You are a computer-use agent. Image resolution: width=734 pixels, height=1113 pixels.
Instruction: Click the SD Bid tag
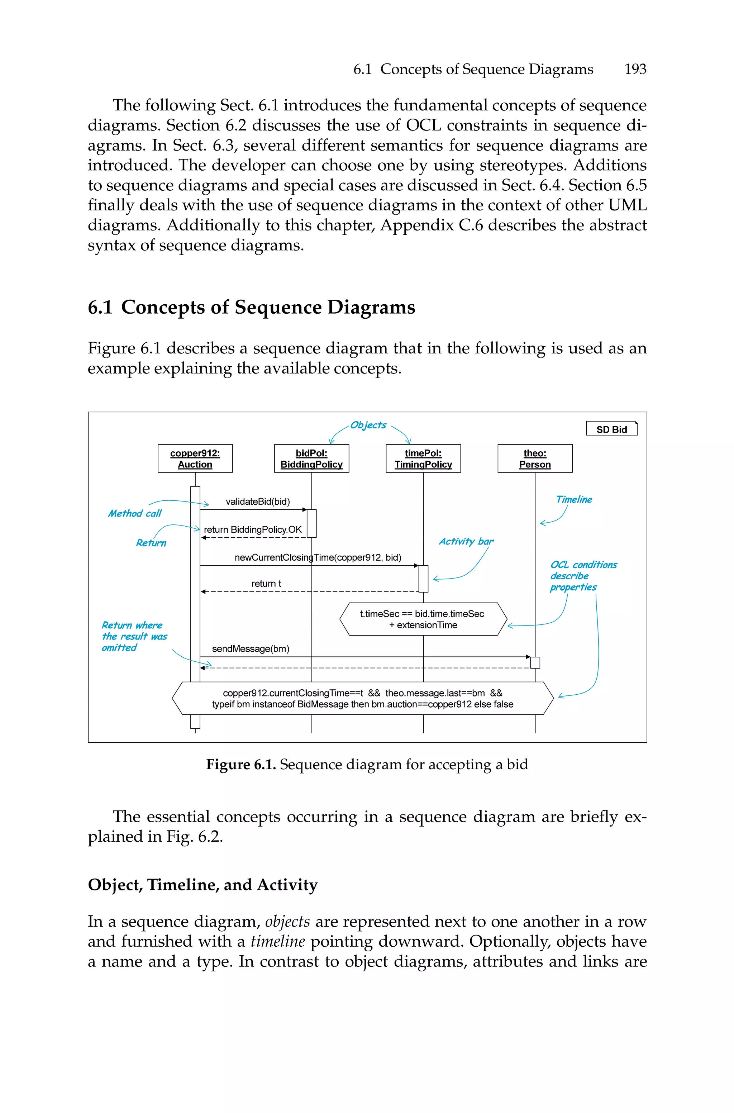611,429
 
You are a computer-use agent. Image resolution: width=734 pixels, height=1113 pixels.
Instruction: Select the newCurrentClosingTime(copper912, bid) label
318,557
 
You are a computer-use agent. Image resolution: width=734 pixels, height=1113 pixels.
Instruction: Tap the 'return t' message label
266,583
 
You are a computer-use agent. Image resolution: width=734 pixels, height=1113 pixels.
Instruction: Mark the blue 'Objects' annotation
368,425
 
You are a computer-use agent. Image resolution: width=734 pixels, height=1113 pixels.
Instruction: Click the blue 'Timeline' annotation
573,499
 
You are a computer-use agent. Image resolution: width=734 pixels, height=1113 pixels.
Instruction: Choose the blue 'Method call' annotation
134,513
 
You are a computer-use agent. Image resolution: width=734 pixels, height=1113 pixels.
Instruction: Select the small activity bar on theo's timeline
535,662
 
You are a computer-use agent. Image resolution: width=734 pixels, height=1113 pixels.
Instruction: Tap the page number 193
635,69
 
